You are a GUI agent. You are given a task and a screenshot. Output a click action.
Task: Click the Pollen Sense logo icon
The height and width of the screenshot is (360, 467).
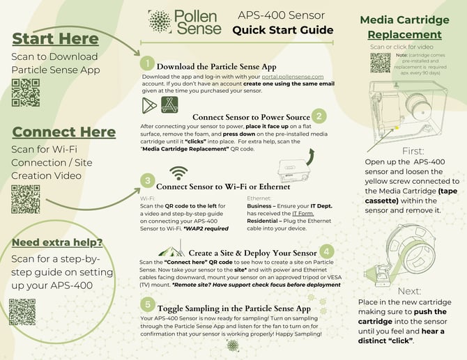tap(159, 22)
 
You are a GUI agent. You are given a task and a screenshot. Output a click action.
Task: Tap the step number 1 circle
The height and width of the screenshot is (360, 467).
tap(147, 64)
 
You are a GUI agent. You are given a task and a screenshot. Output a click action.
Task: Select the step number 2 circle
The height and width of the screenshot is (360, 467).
tap(319, 116)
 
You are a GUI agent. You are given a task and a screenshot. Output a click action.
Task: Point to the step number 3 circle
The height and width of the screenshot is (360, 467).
tap(147, 180)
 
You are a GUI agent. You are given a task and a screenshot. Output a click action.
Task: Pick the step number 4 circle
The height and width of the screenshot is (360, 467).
tap(327, 251)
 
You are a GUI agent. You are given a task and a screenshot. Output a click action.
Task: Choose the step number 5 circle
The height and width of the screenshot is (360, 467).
tap(147, 304)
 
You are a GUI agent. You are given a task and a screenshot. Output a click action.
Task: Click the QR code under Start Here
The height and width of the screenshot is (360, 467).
tap(25, 93)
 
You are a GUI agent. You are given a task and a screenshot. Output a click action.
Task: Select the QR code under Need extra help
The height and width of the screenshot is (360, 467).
tap(22, 312)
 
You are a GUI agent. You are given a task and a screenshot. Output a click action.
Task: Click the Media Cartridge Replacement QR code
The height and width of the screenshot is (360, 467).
tap(381, 63)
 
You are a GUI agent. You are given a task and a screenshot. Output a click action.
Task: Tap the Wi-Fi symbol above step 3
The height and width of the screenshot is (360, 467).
tap(179, 172)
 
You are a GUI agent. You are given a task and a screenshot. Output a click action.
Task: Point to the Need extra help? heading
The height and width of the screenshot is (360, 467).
tap(57, 242)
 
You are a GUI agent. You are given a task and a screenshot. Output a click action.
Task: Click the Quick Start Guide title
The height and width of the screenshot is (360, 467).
tap(283, 29)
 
